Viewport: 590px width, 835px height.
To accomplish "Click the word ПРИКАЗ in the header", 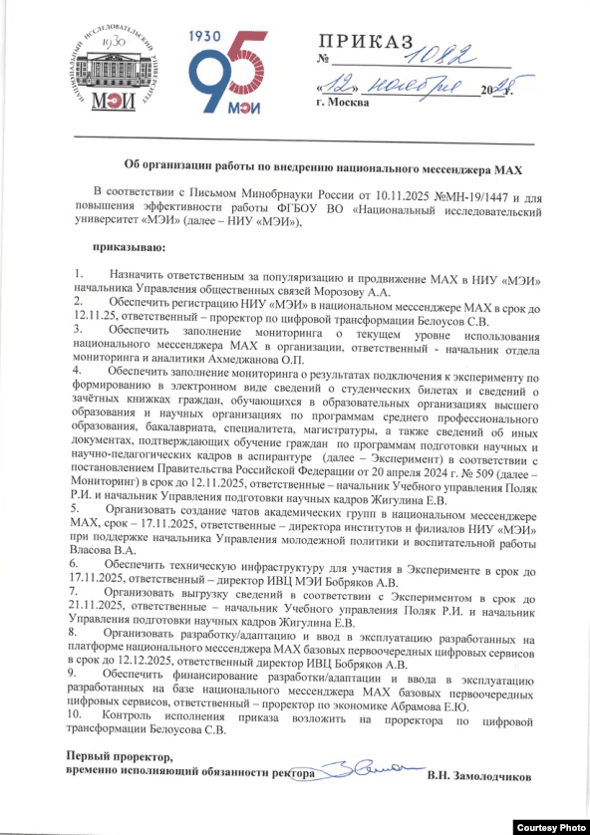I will (364, 42).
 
